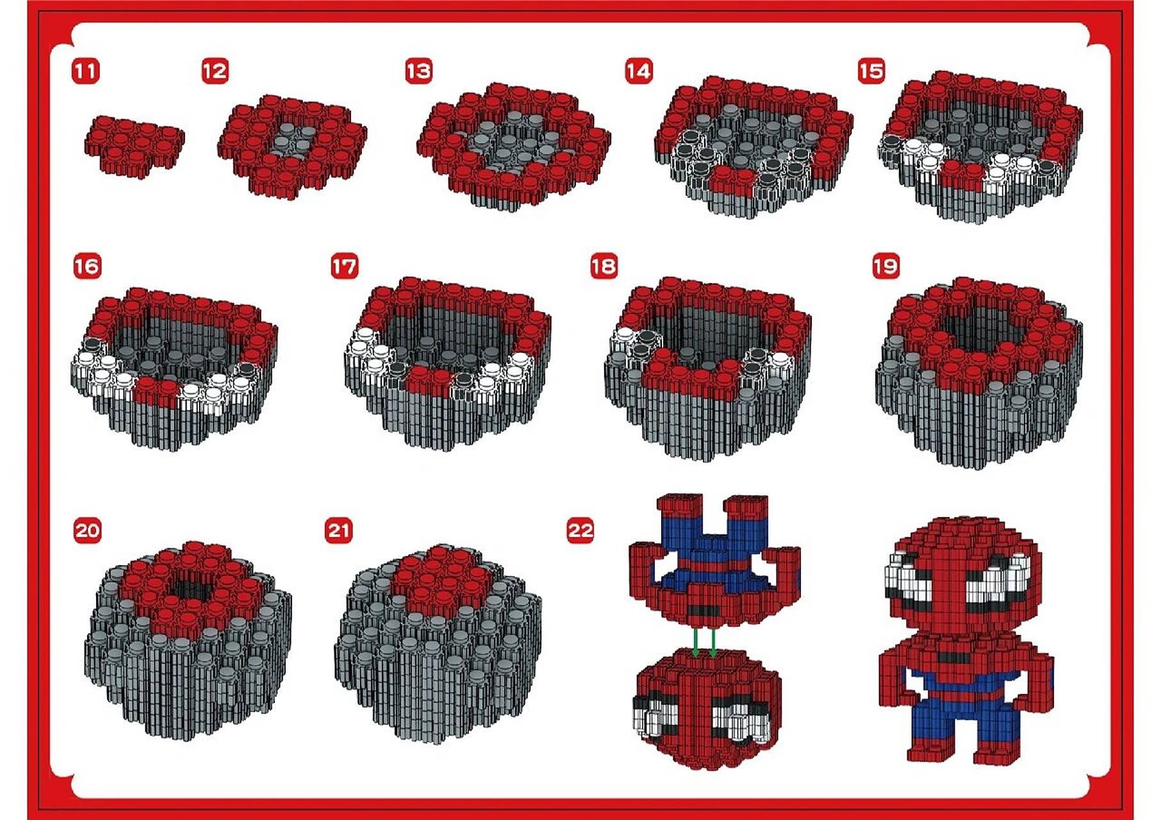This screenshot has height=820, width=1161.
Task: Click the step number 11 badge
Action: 86,71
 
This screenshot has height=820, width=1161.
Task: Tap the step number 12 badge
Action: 215,71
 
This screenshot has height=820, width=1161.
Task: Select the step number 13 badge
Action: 419,71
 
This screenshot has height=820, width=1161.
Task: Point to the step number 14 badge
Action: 639,71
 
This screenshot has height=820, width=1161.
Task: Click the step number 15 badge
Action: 871,71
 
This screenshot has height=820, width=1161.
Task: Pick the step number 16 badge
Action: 87,266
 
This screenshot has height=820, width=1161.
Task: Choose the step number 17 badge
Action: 345,266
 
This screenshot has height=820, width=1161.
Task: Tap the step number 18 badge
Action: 604,266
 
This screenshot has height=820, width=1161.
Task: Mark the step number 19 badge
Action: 886,266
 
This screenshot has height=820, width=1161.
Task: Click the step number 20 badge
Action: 87,530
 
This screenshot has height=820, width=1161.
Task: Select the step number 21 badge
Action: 339,530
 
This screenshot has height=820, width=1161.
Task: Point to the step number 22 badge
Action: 580,530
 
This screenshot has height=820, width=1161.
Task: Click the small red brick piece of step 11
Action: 134,147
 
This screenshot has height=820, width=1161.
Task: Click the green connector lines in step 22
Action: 705,643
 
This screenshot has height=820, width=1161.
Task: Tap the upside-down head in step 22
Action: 708,708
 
